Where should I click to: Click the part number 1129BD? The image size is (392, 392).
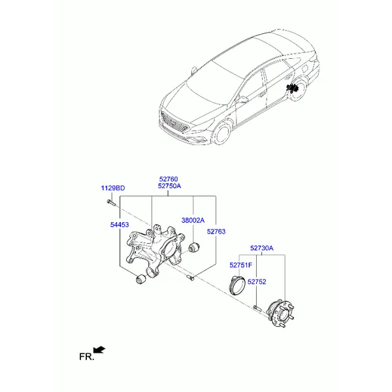(x=113, y=188)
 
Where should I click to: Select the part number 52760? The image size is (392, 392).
(x=169, y=179)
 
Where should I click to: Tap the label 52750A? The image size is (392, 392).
(x=169, y=186)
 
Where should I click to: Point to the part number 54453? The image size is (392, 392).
(x=120, y=225)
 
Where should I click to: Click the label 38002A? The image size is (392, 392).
(x=193, y=220)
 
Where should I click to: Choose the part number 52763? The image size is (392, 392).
(x=216, y=231)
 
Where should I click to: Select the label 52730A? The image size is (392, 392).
(x=262, y=248)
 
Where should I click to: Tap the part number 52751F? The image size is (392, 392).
(x=240, y=265)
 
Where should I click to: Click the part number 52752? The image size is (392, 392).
(x=257, y=282)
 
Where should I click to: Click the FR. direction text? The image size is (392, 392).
(x=87, y=357)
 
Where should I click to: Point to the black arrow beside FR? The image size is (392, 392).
(x=99, y=350)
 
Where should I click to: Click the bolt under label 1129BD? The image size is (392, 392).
(x=111, y=203)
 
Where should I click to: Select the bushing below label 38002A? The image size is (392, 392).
(x=194, y=247)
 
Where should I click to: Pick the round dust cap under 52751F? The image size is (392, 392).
(x=237, y=286)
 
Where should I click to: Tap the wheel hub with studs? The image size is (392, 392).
(x=280, y=314)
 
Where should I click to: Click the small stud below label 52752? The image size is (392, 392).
(x=257, y=308)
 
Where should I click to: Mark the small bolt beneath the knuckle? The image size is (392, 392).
(x=191, y=277)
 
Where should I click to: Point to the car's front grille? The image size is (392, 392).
(x=174, y=122)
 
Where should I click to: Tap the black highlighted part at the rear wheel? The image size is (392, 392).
(x=293, y=88)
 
